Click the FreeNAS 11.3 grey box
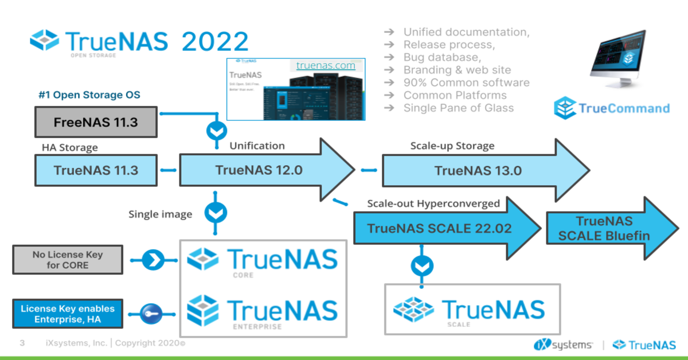(x=96, y=122)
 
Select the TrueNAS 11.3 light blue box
(x=96, y=170)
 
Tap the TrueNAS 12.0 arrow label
(x=259, y=170)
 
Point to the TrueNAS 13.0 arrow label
(x=478, y=170)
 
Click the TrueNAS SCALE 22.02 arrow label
(x=439, y=228)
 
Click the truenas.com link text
(x=326, y=65)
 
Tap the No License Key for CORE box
(x=68, y=260)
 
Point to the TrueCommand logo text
(x=624, y=108)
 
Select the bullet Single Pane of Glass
(x=459, y=108)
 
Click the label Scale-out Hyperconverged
(x=433, y=204)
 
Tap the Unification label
(x=257, y=146)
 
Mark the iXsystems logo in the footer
(x=563, y=345)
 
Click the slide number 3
(x=22, y=343)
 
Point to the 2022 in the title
(x=215, y=42)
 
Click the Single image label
(x=160, y=214)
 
